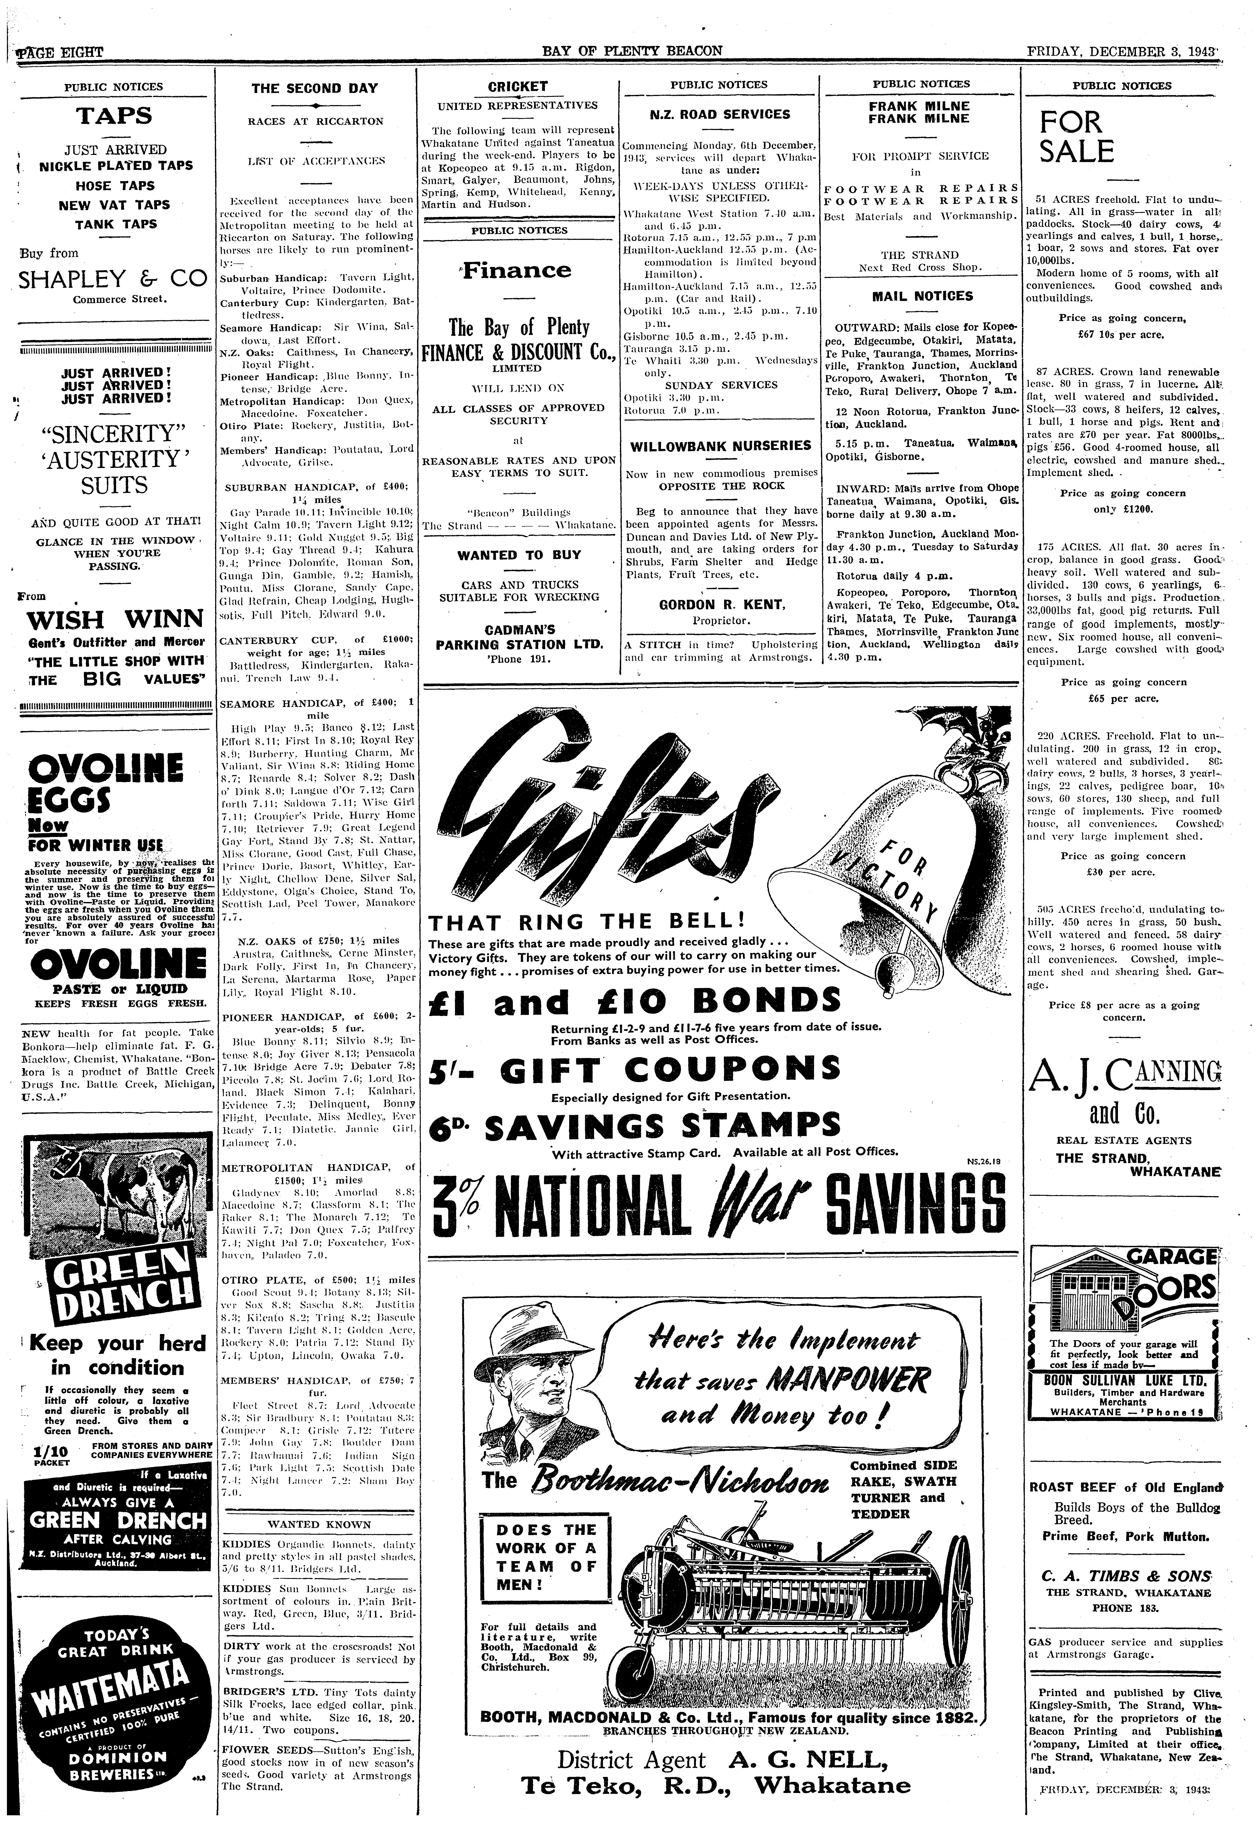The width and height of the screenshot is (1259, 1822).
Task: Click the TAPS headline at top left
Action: pos(114,116)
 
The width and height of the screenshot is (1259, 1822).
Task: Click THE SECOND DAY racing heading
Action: pos(314,88)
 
